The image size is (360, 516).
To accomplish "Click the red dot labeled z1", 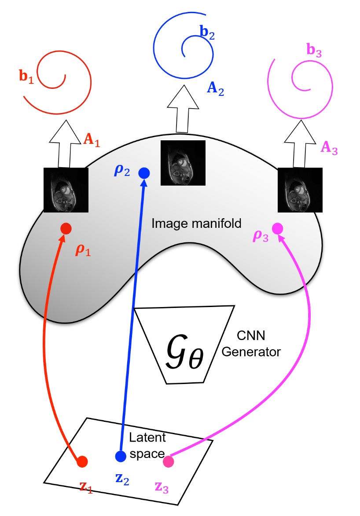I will (82, 461).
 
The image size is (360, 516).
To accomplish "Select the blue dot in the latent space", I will (120, 456).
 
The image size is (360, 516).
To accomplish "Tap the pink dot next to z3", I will (168, 461).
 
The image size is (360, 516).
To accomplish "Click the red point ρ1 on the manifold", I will (66, 228).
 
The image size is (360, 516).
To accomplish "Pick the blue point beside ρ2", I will (144, 173).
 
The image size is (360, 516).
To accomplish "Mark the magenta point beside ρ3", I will (277, 228).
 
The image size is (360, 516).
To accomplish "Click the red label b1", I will (26, 75).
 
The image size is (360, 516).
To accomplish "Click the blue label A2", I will (215, 90).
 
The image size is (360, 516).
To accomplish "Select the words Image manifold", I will (196, 223).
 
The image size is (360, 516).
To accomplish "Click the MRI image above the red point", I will (66, 190).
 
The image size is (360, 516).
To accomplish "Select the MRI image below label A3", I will (300, 190).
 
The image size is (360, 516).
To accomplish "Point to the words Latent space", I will (147, 445).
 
